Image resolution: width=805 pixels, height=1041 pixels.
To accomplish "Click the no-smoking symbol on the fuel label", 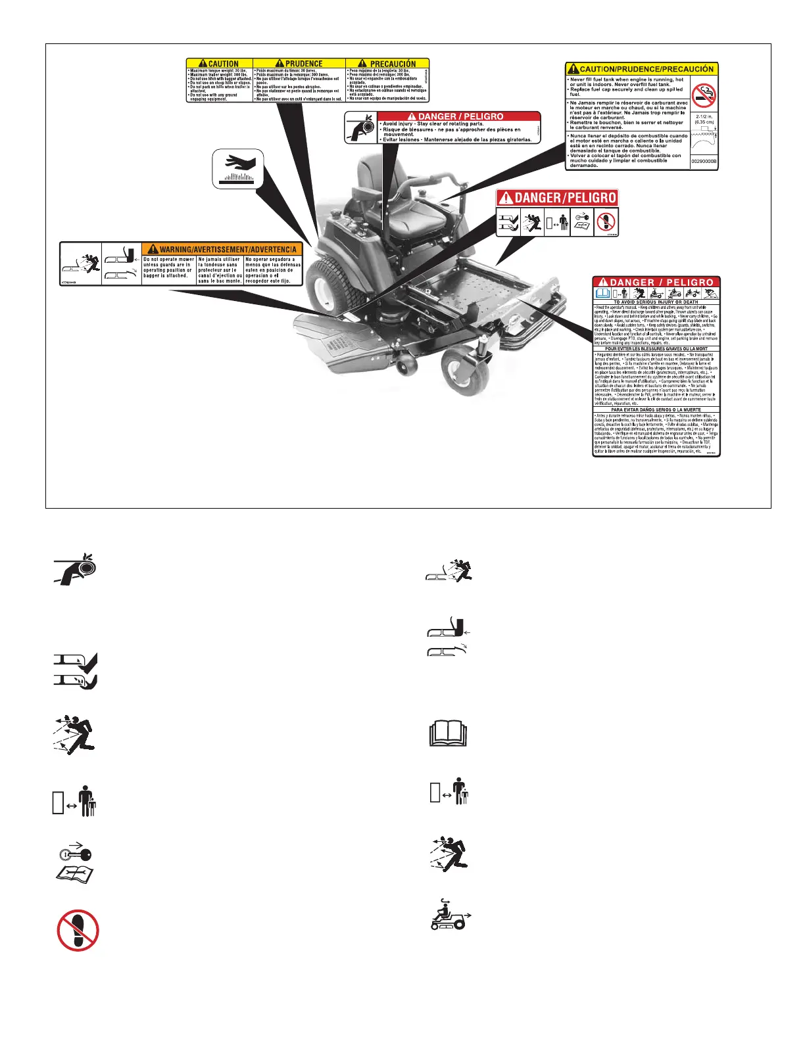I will tap(704, 96).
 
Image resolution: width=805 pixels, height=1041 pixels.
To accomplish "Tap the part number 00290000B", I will tap(704, 161).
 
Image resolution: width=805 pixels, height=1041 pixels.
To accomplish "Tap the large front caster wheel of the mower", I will tap(465, 372).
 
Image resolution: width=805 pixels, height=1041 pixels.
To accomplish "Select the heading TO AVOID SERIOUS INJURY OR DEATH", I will tap(656, 302).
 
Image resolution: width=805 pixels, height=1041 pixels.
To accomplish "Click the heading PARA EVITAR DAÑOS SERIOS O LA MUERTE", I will tap(656, 409).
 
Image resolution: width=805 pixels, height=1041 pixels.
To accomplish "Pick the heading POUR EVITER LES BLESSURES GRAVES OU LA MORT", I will tap(656, 349).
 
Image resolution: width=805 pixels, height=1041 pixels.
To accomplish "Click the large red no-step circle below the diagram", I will tap(78, 931).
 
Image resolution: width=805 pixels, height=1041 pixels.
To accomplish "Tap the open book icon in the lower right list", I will tap(448, 734).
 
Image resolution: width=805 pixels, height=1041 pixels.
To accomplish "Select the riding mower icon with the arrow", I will tap(450, 914).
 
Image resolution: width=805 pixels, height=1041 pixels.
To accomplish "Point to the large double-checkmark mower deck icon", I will tap(75, 671).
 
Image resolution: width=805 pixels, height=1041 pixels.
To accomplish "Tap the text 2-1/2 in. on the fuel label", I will tap(704, 116).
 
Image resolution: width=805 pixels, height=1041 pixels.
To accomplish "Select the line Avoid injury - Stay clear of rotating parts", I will tap(433, 124).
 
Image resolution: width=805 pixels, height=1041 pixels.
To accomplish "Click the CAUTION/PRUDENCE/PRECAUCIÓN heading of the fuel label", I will tap(641, 69).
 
